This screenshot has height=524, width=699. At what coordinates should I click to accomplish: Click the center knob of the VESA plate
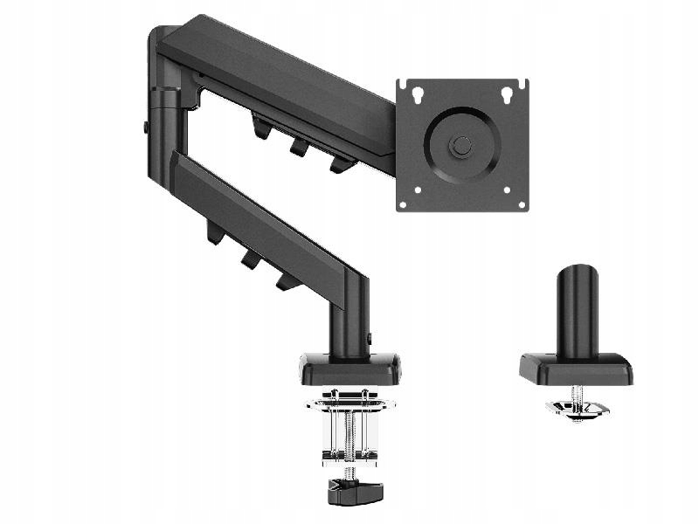462,145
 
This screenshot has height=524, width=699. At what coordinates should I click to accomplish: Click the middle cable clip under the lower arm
250,259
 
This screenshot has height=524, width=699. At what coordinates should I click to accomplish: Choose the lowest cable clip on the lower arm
285,280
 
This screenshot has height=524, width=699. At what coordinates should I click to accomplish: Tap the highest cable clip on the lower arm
214,233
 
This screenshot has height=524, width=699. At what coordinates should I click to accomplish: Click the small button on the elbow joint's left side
146,127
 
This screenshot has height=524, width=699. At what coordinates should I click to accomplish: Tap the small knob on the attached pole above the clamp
370,338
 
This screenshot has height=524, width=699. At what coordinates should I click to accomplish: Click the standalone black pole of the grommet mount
578,310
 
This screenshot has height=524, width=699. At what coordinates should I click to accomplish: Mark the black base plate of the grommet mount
576,369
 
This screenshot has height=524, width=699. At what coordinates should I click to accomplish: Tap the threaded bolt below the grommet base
577,396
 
